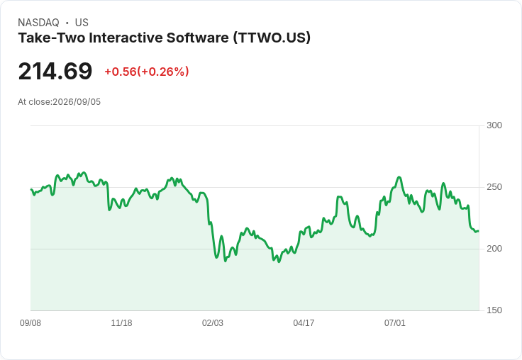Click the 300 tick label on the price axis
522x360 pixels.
[494, 125]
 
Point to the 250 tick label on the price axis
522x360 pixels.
[494, 187]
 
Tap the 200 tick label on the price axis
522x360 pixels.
[494, 249]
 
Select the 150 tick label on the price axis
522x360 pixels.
[494, 310]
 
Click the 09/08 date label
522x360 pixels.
[30, 322]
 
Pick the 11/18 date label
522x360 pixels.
[121, 322]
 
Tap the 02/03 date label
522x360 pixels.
[212, 322]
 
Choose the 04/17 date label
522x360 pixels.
[304, 322]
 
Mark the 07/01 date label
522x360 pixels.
[395, 322]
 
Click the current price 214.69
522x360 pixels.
[55, 71]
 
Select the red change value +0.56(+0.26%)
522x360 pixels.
[147, 72]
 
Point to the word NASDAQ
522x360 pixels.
[38, 23]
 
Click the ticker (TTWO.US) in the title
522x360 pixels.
[272, 38]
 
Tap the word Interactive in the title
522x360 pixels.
[126, 38]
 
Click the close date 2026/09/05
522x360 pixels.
[77, 102]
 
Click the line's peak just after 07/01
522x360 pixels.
[399, 177]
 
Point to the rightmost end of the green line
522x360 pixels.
[479, 231]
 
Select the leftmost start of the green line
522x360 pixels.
[31, 189]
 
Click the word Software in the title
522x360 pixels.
[198, 38]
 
